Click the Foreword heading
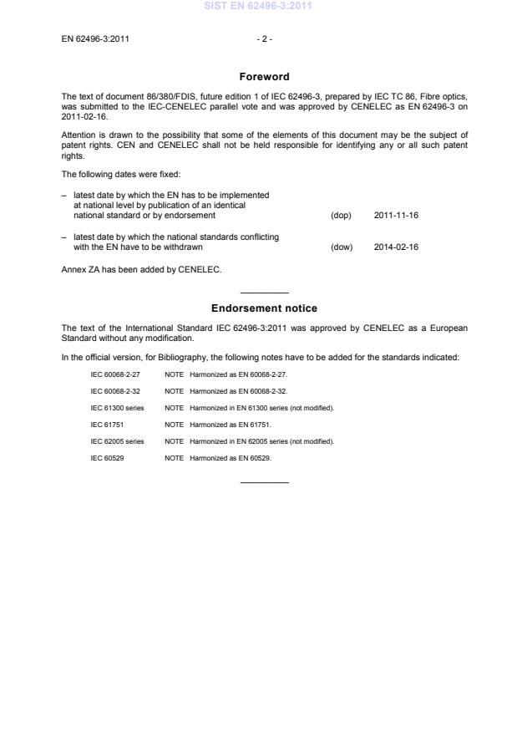click(x=264, y=77)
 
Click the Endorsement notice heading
click(x=264, y=308)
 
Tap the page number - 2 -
click(x=264, y=38)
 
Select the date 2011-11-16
click(x=396, y=216)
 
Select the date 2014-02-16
click(x=396, y=247)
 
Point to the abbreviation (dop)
click(x=341, y=216)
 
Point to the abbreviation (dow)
click(x=342, y=247)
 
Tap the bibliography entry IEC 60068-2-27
click(x=115, y=374)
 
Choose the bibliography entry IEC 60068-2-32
click(x=115, y=391)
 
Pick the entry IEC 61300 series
click(x=118, y=408)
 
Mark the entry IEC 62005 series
click(x=118, y=441)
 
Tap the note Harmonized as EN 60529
click(x=230, y=458)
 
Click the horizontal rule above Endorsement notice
click(x=264, y=293)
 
